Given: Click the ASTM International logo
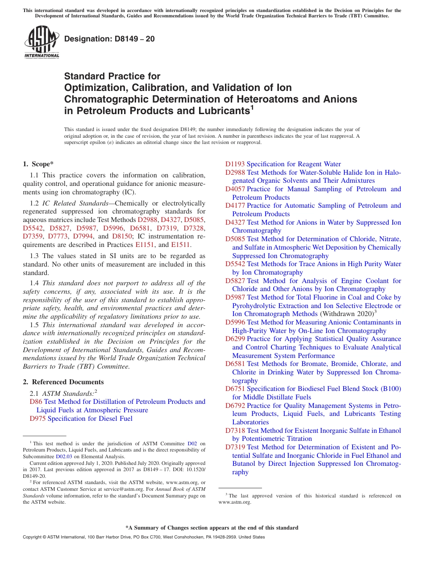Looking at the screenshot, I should click(x=42, y=42).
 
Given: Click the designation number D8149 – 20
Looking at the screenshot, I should click(x=109, y=39).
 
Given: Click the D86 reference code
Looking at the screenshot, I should click(x=36, y=402).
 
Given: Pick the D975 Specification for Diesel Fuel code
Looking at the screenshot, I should click(x=37, y=419).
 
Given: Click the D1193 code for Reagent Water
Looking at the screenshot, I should click(x=235, y=164).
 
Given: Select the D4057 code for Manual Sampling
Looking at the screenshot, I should click(x=235, y=189).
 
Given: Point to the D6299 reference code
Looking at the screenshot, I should click(x=235, y=339).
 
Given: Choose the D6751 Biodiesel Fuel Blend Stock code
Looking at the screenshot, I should click(x=235, y=389).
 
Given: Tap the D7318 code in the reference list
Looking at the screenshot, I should click(x=235, y=431).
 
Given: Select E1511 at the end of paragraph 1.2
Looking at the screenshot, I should click(x=180, y=245).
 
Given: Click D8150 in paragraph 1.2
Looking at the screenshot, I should click(x=122, y=236).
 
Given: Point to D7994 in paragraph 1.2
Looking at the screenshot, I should click(x=83, y=236).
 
